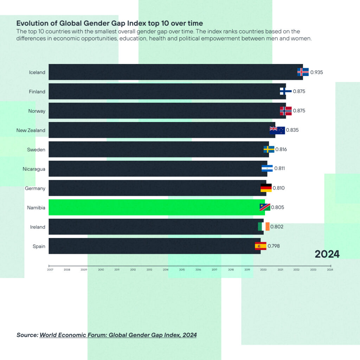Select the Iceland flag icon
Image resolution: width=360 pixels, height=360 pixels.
(x=303, y=72)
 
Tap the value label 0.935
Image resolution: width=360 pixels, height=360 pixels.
(x=316, y=72)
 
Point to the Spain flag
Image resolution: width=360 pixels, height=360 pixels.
(x=261, y=246)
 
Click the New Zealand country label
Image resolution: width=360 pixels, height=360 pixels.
(x=31, y=130)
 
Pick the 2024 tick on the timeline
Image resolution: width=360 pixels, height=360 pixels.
(x=330, y=270)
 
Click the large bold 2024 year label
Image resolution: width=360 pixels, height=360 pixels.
(x=327, y=254)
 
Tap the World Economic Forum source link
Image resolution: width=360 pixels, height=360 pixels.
(x=118, y=335)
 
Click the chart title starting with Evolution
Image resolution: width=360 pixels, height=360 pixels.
(x=110, y=24)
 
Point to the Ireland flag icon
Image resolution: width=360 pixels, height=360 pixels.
(x=264, y=227)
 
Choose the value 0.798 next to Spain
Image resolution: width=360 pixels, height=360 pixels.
(x=274, y=246)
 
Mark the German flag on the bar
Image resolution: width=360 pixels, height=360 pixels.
(x=266, y=188)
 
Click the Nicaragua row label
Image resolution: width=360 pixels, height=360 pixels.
(x=34, y=169)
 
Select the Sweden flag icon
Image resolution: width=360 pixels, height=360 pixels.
(x=269, y=149)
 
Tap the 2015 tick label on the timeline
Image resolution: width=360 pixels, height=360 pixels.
(x=182, y=270)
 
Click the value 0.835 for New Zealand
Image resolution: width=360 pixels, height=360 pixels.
(x=292, y=130)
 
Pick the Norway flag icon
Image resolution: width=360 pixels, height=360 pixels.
(x=285, y=111)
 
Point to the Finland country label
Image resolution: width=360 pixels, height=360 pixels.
(x=37, y=92)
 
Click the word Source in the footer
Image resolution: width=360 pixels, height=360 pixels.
(x=27, y=335)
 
